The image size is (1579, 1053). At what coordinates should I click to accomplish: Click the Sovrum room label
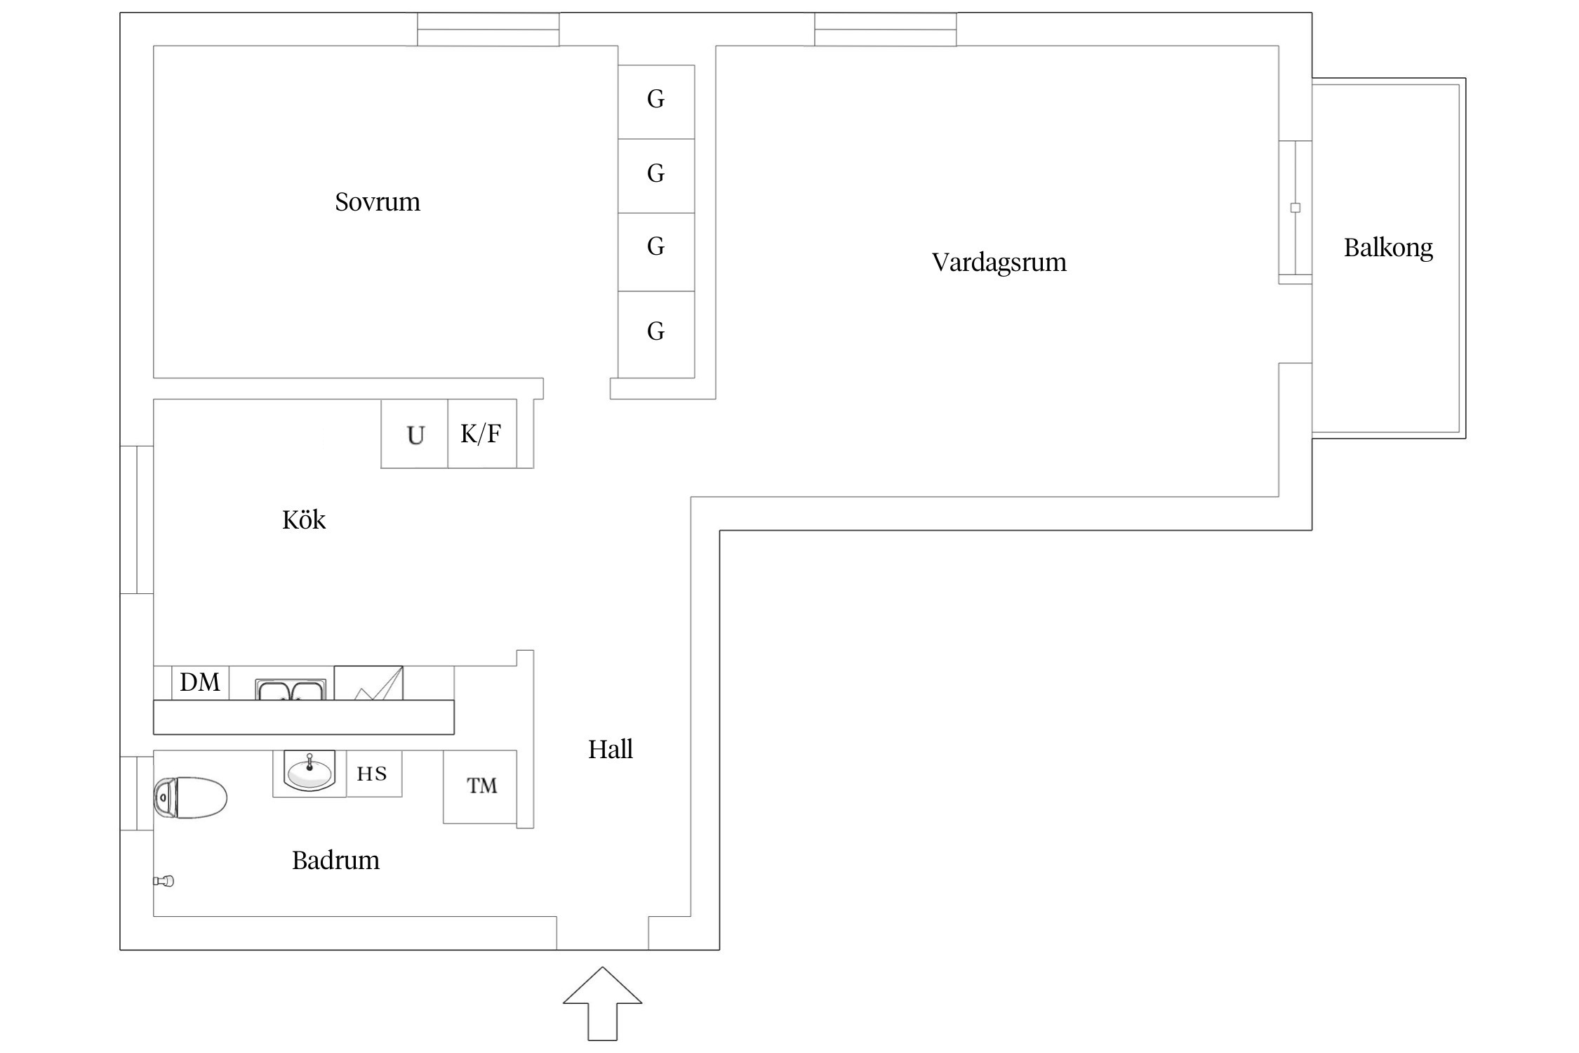click(378, 202)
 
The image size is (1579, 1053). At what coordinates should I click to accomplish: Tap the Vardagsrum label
click(999, 263)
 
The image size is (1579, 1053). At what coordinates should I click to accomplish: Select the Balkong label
click(1387, 248)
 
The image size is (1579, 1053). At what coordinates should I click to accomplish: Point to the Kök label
click(304, 520)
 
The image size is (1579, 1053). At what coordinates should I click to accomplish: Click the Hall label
click(610, 750)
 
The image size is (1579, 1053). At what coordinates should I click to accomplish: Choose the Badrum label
click(335, 861)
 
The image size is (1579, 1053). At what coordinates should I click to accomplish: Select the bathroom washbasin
click(309, 771)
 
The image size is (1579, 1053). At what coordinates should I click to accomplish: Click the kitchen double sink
click(291, 689)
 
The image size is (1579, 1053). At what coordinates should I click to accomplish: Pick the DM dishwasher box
click(200, 682)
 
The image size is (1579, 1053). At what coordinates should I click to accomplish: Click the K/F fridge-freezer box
click(481, 434)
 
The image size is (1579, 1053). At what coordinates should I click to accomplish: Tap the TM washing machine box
click(481, 786)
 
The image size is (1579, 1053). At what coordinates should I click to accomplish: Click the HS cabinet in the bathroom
click(373, 774)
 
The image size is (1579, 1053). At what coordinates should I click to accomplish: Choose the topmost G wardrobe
click(656, 100)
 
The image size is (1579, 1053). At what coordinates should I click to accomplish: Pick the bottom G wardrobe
click(656, 332)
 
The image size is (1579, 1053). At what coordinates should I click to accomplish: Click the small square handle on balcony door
click(1295, 208)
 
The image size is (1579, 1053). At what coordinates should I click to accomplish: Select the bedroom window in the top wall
click(488, 29)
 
